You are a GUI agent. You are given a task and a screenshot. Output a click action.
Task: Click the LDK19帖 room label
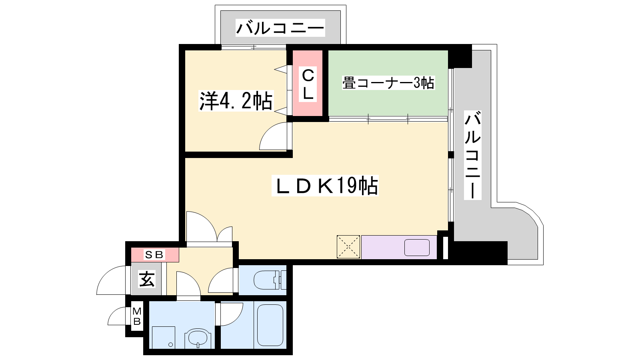(325, 186)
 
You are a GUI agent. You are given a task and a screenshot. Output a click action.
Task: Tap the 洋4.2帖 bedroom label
(236, 100)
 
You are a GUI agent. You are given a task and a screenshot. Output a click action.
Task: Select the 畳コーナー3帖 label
(388, 83)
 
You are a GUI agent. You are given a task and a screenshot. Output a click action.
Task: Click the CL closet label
(308, 84)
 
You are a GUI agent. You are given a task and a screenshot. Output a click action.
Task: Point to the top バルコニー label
(280, 28)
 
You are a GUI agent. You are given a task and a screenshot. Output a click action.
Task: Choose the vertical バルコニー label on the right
(472, 155)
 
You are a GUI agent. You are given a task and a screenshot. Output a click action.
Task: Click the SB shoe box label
(154, 254)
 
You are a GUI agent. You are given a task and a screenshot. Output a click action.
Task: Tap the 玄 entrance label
(147, 279)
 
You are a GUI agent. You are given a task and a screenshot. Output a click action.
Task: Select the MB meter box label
(137, 316)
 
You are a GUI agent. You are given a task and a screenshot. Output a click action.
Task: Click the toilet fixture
(270, 280)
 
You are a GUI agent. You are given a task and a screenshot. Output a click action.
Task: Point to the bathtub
(270, 325)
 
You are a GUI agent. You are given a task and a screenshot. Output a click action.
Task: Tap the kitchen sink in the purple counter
(417, 248)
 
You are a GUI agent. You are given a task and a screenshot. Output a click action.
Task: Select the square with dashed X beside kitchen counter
(348, 247)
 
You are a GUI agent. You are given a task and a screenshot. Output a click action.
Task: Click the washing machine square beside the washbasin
(164, 338)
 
